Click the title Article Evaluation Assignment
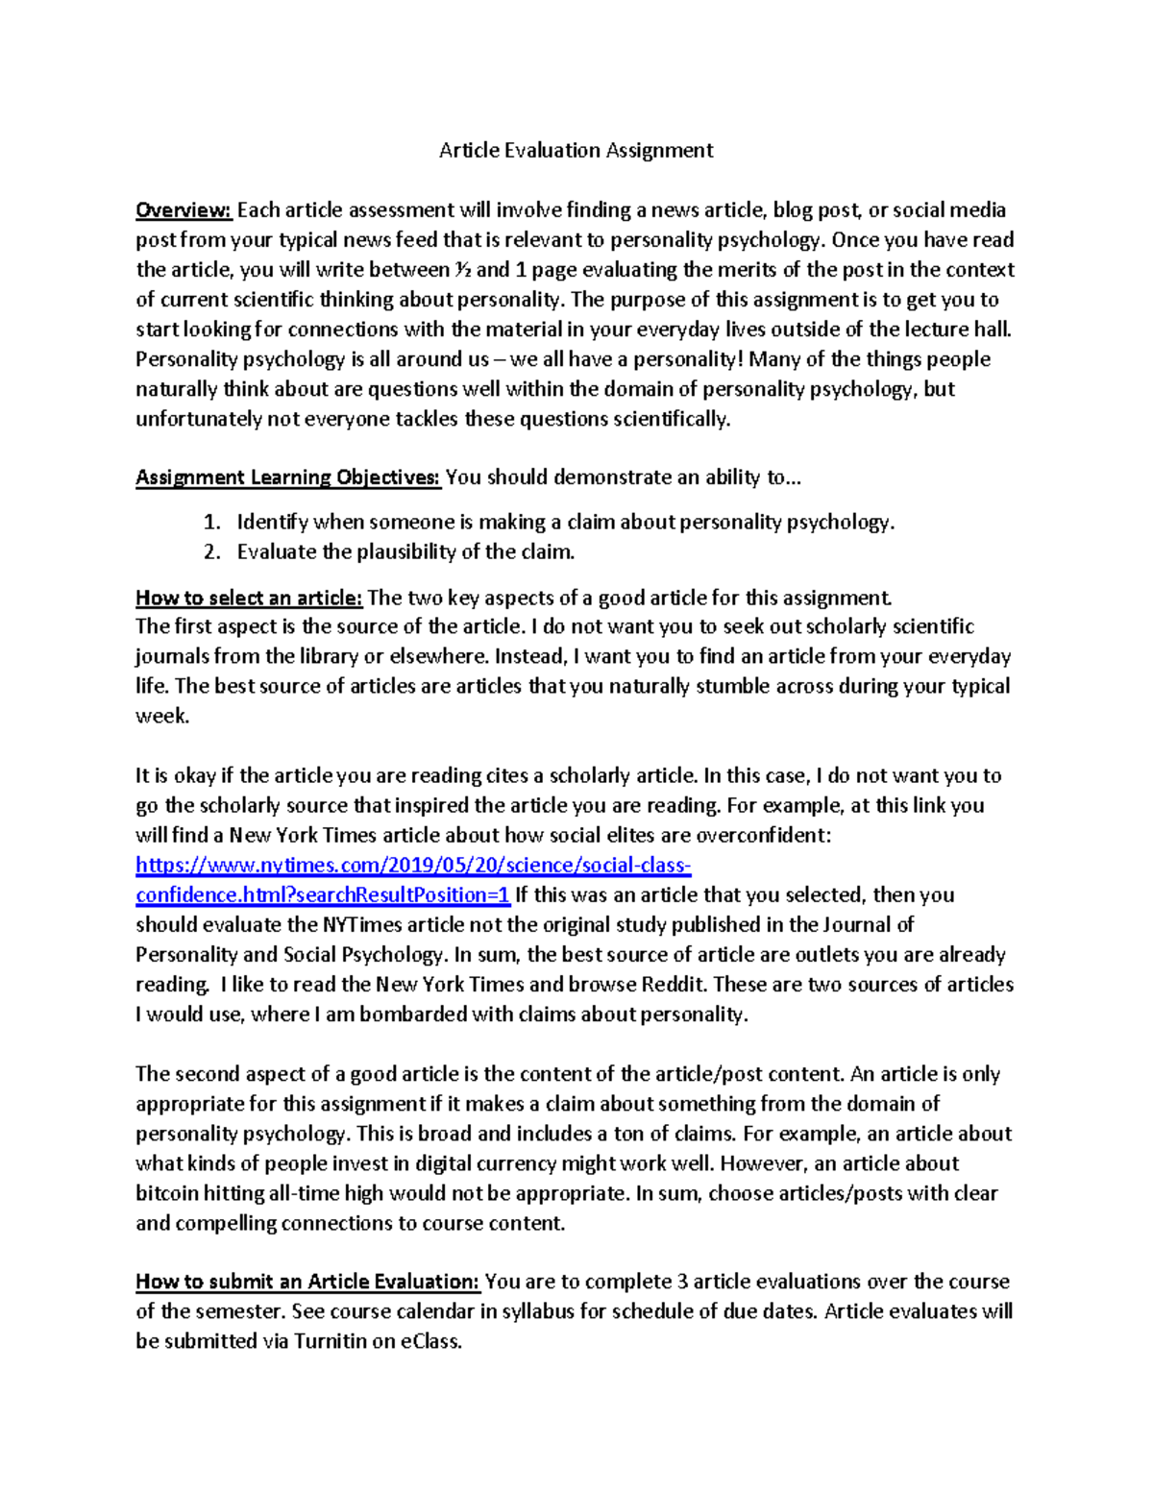576,150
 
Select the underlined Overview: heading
184,209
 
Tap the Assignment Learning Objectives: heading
287,477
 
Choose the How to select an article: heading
249,598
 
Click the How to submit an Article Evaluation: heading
307,1282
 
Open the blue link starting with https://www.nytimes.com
413,866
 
